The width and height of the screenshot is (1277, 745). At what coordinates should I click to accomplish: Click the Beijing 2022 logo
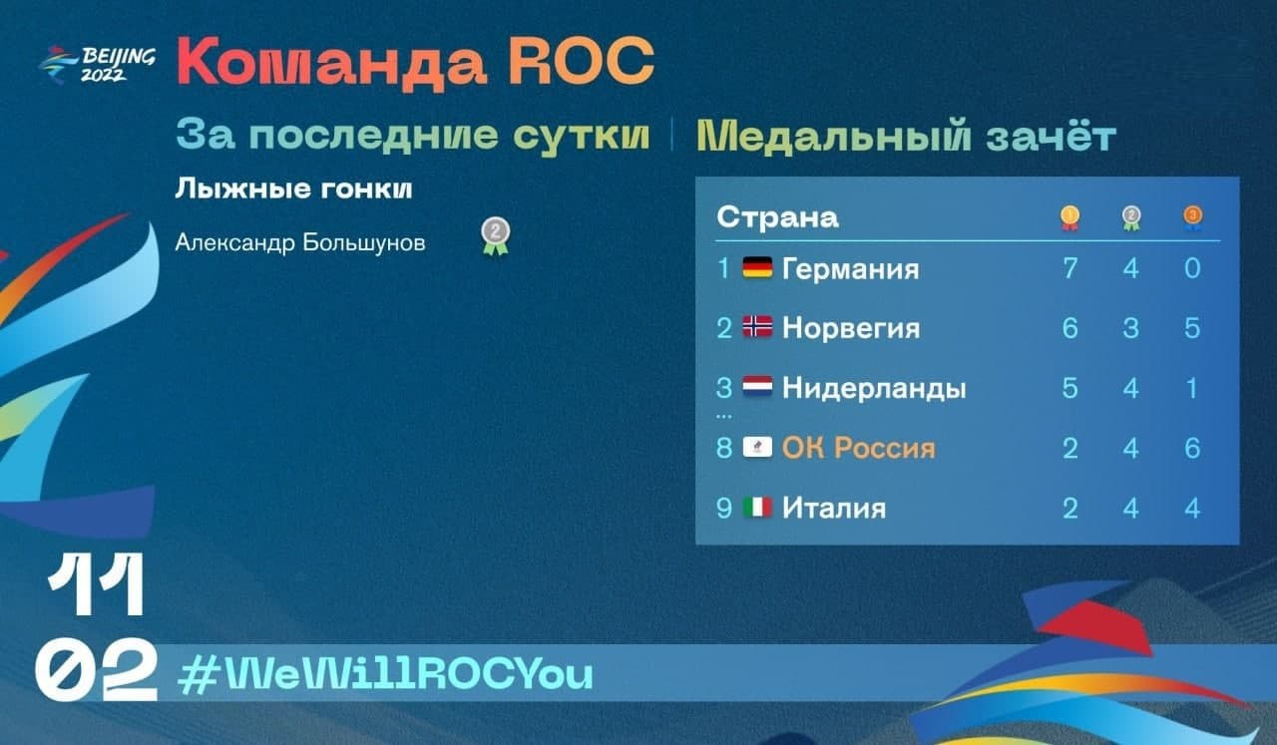[x=97, y=65]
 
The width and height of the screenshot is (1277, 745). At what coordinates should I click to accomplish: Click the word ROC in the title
[x=582, y=61]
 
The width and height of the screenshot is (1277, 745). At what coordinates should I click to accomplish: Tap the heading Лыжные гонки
[x=293, y=188]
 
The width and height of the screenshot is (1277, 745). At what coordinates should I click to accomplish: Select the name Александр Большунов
[x=300, y=242]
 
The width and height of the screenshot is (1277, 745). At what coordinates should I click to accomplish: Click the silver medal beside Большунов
[x=496, y=235]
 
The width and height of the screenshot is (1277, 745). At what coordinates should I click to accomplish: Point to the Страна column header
[x=777, y=217]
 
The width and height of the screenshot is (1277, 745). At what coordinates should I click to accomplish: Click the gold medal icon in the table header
[x=1069, y=218]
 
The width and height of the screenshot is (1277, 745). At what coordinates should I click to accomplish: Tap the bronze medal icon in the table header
[x=1192, y=218]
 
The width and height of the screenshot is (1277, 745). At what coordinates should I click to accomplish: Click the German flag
[x=757, y=268]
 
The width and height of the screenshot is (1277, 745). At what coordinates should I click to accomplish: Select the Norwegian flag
[x=757, y=327]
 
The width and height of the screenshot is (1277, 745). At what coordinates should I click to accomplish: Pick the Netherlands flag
[x=757, y=388]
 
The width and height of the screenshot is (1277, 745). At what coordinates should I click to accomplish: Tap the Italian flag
[x=757, y=508]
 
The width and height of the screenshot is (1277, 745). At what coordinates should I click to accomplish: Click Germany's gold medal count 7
[x=1070, y=268]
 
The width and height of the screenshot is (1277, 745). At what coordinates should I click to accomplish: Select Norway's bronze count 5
[x=1192, y=328]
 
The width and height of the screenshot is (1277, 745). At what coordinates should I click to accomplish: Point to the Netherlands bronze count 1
[x=1192, y=388]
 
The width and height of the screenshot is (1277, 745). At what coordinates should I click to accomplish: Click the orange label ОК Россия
[x=859, y=448]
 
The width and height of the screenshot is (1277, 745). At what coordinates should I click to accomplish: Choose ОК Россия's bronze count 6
[x=1192, y=448]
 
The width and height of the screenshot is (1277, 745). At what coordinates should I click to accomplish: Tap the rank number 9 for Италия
[x=724, y=509]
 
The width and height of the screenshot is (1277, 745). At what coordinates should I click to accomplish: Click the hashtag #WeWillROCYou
[x=385, y=674]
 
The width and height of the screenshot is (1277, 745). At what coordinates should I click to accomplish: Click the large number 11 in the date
[x=97, y=584]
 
